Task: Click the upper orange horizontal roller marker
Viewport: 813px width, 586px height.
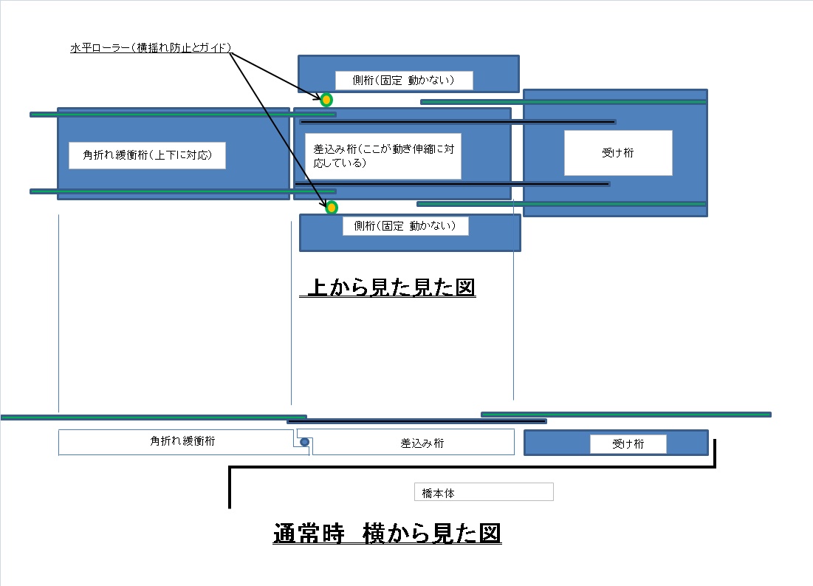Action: coord(326,99)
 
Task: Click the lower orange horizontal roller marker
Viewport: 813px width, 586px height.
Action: coord(332,208)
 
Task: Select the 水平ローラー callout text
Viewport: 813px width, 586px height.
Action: coord(151,48)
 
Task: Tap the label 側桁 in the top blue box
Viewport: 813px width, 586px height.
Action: coord(403,80)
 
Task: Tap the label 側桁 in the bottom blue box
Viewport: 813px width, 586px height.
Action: coord(405,226)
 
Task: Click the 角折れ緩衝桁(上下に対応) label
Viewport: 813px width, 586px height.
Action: coord(147,155)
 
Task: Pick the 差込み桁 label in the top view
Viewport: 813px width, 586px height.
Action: coord(383,156)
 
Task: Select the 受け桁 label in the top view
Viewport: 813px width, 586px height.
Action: coord(618,153)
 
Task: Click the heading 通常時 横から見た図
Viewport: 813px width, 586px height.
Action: coord(387,533)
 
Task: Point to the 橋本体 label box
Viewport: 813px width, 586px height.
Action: coord(483,492)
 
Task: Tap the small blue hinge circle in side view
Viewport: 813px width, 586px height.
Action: coord(304,442)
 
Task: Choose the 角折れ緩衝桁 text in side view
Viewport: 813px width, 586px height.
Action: coord(182,441)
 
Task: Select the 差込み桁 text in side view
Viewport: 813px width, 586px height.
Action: coord(422,443)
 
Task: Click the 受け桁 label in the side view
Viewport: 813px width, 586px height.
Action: coord(628,444)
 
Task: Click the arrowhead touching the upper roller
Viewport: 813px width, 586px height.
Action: coord(317,95)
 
